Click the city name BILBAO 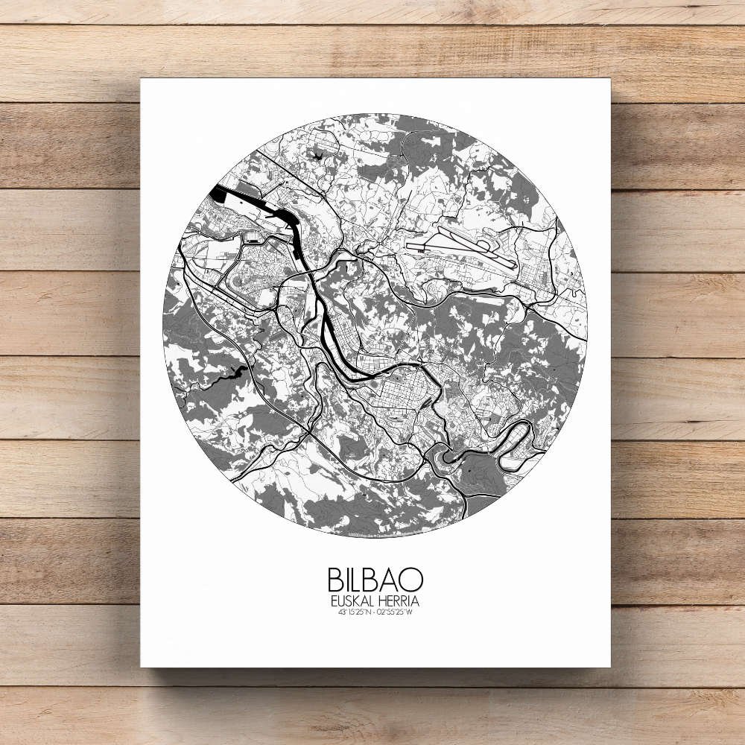point(375,580)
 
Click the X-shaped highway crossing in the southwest point(307,430)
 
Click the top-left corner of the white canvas point(142,79)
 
